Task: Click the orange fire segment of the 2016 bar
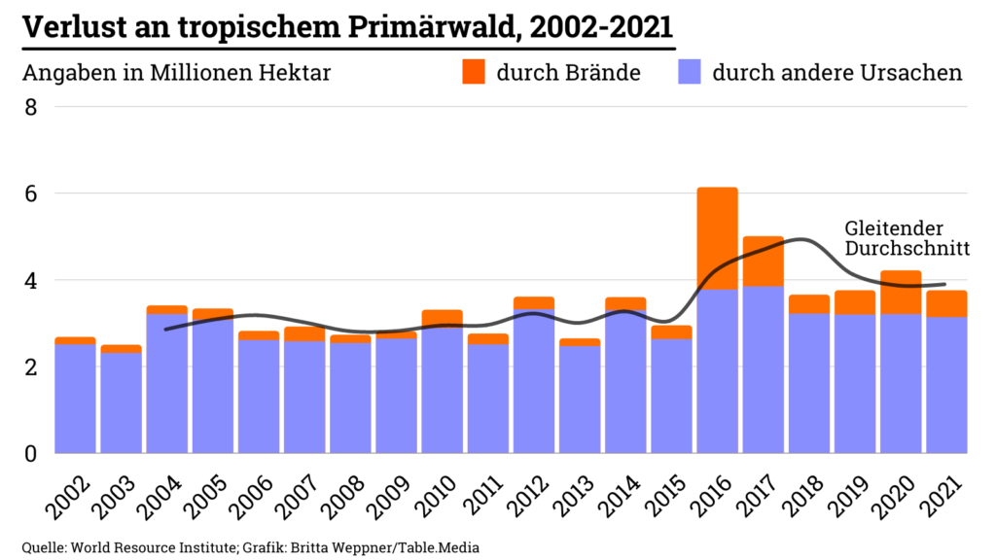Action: [x=717, y=238]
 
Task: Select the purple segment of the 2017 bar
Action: [x=764, y=369]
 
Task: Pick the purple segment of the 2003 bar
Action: [x=121, y=402]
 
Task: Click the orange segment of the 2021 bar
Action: [x=946, y=304]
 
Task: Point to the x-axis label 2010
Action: [x=441, y=497]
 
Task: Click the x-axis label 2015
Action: [x=670, y=497]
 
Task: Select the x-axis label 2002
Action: [x=74, y=497]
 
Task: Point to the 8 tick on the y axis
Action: [x=30, y=107]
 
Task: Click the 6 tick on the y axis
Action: [x=30, y=193]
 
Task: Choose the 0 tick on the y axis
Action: [x=30, y=453]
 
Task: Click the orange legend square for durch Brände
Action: [x=473, y=72]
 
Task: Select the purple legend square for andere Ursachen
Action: [x=688, y=72]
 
